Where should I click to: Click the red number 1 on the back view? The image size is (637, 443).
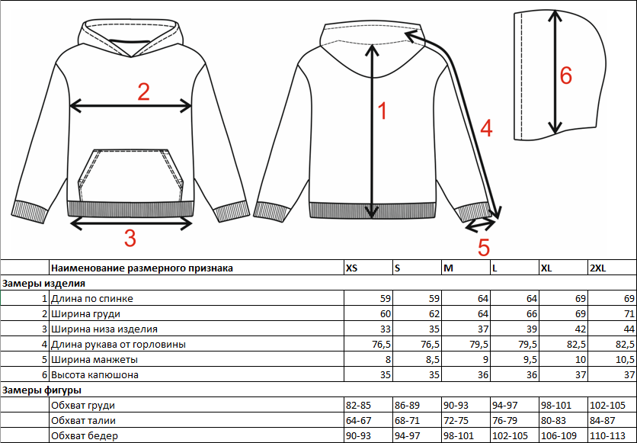[x=383, y=111]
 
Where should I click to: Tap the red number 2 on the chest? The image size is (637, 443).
[x=143, y=92]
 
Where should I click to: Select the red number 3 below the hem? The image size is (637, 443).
[x=130, y=239]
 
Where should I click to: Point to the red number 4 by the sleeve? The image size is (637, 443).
[x=485, y=128]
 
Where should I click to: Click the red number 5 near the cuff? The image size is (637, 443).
[x=484, y=246]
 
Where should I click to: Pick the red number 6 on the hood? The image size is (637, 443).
[x=565, y=75]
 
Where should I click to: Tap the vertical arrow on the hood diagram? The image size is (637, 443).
[x=554, y=75]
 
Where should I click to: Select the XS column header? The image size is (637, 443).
[x=351, y=268]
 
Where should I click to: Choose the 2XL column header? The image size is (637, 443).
[x=598, y=268]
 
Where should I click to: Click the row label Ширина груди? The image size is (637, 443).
[x=85, y=313]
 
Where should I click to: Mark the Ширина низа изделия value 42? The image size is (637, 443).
[x=578, y=329]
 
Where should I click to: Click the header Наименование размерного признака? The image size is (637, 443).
[x=142, y=268]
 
